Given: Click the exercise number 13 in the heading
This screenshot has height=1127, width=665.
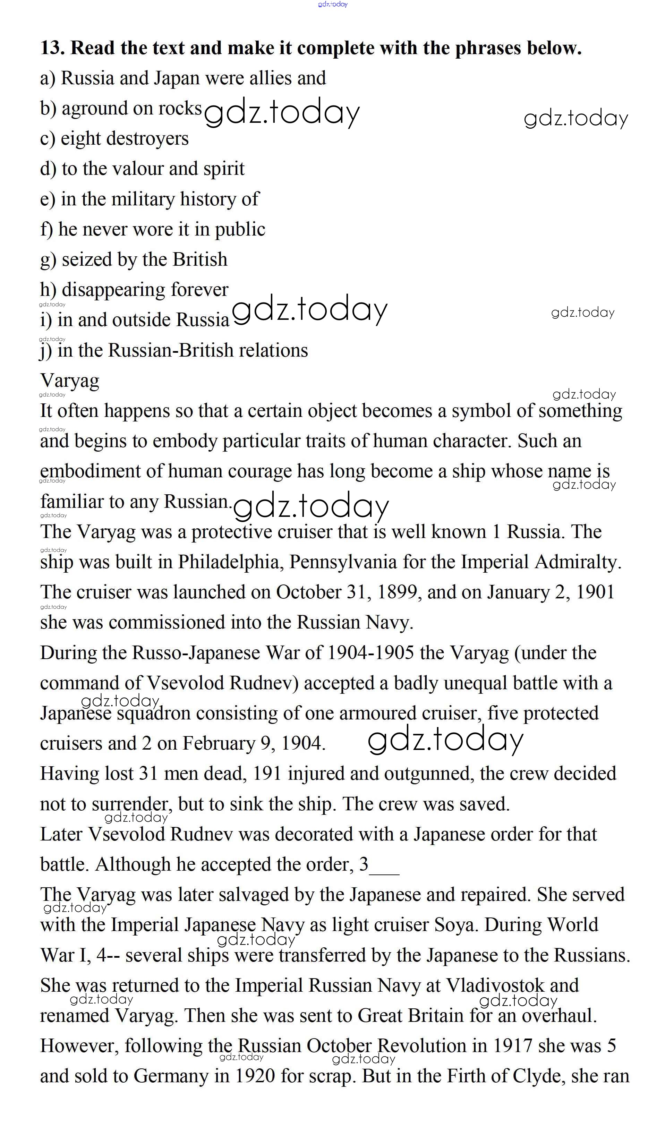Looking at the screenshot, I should (52, 48).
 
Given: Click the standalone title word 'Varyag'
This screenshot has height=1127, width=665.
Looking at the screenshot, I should (69, 381).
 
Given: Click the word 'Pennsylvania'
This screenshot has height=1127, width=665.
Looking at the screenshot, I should (343, 562).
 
